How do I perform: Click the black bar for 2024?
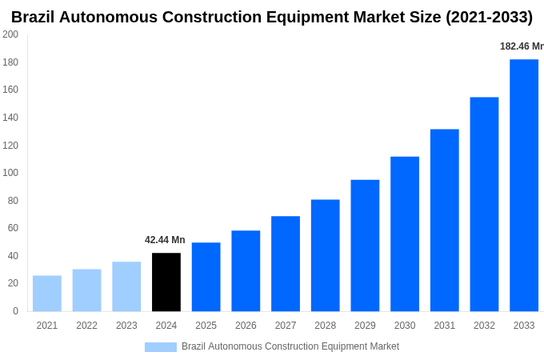[166, 282]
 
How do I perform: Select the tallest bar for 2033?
[524, 185]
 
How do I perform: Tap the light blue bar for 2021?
[47, 294]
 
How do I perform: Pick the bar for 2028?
[325, 255]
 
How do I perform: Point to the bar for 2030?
[405, 234]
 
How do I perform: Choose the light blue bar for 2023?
[126, 286]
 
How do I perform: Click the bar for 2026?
[246, 271]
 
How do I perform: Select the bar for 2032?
[484, 204]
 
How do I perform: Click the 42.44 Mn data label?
[165, 240]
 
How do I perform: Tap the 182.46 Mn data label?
[522, 46]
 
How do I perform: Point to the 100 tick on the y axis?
[10, 173]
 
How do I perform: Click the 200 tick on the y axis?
[10, 34]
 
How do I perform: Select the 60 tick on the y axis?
[13, 228]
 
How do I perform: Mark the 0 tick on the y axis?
[15, 311]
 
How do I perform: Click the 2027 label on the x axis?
[286, 326]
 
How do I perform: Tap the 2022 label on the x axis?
[86, 326]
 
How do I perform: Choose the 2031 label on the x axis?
[445, 326]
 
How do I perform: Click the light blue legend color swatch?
[160, 346]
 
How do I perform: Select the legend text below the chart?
[290, 346]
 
